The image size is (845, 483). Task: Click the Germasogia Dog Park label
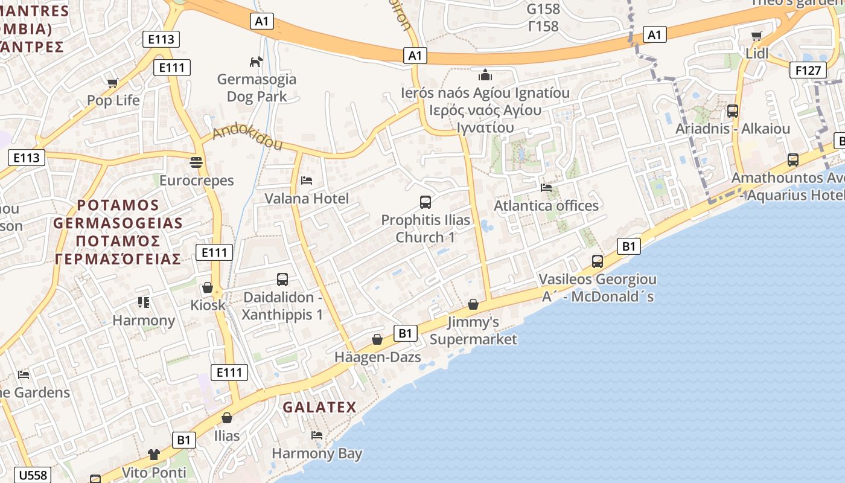pyautogui.click(x=257, y=88)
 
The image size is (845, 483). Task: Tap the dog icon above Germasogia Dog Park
pyautogui.click(x=257, y=62)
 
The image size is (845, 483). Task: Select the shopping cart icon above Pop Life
pyautogui.click(x=113, y=83)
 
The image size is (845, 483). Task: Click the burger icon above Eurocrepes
pyautogui.click(x=196, y=162)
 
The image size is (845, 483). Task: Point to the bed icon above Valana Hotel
pyautogui.click(x=307, y=180)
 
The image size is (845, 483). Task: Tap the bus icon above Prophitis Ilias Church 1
pyautogui.click(x=426, y=202)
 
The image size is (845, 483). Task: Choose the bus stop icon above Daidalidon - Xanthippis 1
pyautogui.click(x=282, y=280)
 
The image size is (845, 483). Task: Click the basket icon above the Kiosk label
pyautogui.click(x=208, y=287)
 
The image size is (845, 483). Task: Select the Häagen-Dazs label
pyautogui.click(x=378, y=357)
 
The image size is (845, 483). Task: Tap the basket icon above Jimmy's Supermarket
pyautogui.click(x=473, y=304)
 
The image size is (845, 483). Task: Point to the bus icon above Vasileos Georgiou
pyautogui.click(x=598, y=261)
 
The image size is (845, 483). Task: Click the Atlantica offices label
pyautogui.click(x=546, y=205)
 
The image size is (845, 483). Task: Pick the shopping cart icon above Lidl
pyautogui.click(x=757, y=36)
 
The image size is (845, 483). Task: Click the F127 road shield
pyautogui.click(x=808, y=70)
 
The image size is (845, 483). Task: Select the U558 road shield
pyautogui.click(x=33, y=475)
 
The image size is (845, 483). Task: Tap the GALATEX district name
pyautogui.click(x=320, y=407)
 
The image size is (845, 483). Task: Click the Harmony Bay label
pyautogui.click(x=317, y=453)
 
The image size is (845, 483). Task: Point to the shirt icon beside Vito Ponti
pyautogui.click(x=154, y=454)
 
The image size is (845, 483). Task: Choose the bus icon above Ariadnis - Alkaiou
pyautogui.click(x=733, y=111)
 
